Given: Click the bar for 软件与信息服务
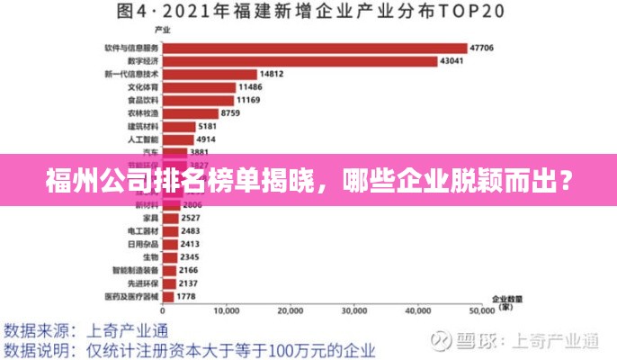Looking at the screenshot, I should pos(315,48).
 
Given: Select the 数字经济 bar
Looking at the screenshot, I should pos(300,61).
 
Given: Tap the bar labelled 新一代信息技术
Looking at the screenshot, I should pos(210,74).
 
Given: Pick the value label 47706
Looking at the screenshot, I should pos(482,48).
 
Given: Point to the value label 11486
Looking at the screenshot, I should pos(250,87).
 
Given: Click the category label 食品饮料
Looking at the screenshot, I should pos(143,100).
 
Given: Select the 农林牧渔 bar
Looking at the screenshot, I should pos(191,113).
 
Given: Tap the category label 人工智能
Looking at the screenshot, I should pos(143,139).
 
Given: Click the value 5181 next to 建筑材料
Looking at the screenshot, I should pos(208,127).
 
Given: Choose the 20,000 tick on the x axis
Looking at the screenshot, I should pos(291,311).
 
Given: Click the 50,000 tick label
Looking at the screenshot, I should pos(482,311).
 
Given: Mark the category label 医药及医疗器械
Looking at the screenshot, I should pos(131,295).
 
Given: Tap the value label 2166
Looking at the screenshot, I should pos(189,269).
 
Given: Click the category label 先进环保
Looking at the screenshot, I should pos(143,282).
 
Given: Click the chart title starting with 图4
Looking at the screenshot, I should pos(308,13).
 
